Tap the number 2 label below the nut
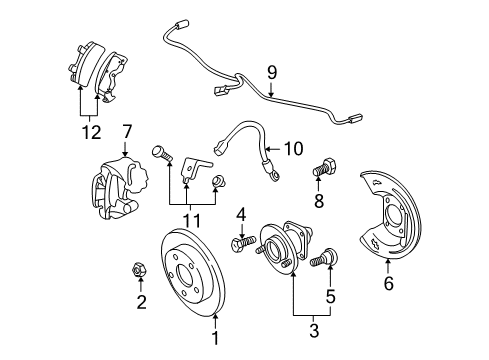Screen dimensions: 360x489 click(141, 303)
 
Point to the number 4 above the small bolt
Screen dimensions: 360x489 click(241, 214)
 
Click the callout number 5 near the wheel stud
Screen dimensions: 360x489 click(331, 296)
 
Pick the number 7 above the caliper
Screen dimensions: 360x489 click(127, 131)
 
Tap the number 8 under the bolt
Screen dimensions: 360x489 click(318, 201)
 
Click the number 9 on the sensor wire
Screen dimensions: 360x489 click(270, 71)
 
